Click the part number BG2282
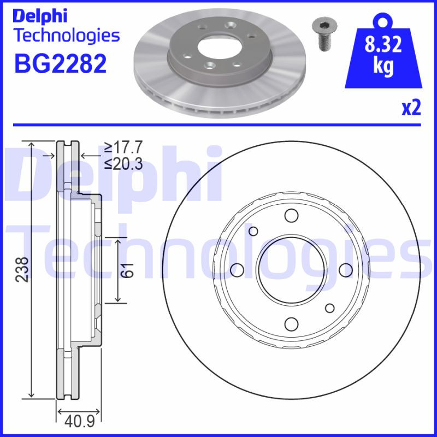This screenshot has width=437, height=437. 60,64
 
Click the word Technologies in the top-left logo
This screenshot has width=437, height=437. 66,36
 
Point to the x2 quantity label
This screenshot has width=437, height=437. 411,108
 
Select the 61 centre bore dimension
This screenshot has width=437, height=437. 127,269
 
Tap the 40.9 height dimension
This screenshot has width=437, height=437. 78,422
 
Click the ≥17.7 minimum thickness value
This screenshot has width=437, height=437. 123,147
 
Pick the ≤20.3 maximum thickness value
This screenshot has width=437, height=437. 123,163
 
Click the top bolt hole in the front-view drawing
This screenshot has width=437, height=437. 291,216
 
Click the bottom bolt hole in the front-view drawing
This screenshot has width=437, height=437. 291,323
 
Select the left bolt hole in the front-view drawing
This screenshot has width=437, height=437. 237,270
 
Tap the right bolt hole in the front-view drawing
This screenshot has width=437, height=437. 345,270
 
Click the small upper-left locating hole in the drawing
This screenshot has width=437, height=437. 253,231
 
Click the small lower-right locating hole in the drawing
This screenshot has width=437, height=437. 329,308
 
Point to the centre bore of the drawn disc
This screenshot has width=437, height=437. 291,270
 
